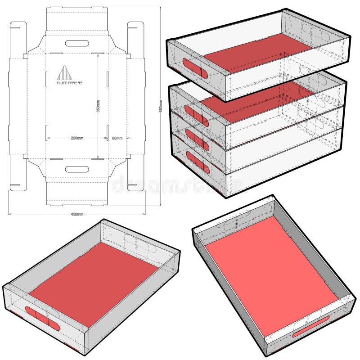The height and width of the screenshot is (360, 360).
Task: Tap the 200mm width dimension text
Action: click(x=77, y=138)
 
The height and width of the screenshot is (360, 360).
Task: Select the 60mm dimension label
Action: click(x=117, y=138)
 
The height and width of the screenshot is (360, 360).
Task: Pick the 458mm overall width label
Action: click(x=77, y=214)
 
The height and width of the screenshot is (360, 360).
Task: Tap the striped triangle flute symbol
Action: click(x=64, y=73)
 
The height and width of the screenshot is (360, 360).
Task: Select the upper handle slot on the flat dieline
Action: click(x=76, y=43)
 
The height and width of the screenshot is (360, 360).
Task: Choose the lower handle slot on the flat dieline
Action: click(x=76, y=169)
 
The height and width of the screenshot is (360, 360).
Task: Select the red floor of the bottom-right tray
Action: click(x=270, y=274)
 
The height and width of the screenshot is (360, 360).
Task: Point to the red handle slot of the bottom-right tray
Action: click(x=310, y=328)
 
